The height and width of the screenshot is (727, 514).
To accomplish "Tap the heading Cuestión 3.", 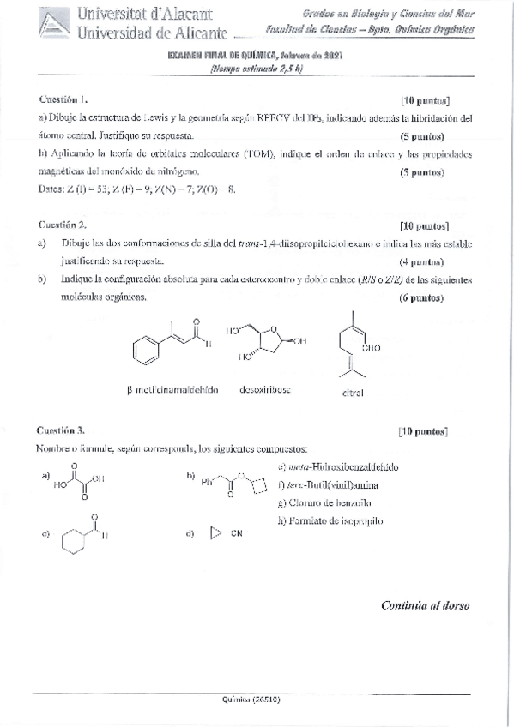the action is click(60, 430).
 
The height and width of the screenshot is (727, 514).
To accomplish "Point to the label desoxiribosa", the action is click(266, 389).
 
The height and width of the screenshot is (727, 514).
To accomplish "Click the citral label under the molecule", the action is click(352, 393).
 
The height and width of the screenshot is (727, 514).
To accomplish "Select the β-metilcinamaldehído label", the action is click(172, 389).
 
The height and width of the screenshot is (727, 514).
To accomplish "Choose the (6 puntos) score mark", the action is click(421, 298).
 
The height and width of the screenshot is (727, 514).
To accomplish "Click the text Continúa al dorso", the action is click(425, 604).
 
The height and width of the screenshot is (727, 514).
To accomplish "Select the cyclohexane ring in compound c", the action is click(75, 539).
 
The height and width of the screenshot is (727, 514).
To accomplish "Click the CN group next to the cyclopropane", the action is click(237, 533).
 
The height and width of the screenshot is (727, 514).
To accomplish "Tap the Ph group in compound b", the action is click(206, 481).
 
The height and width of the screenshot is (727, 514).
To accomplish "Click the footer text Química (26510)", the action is click(251, 700).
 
